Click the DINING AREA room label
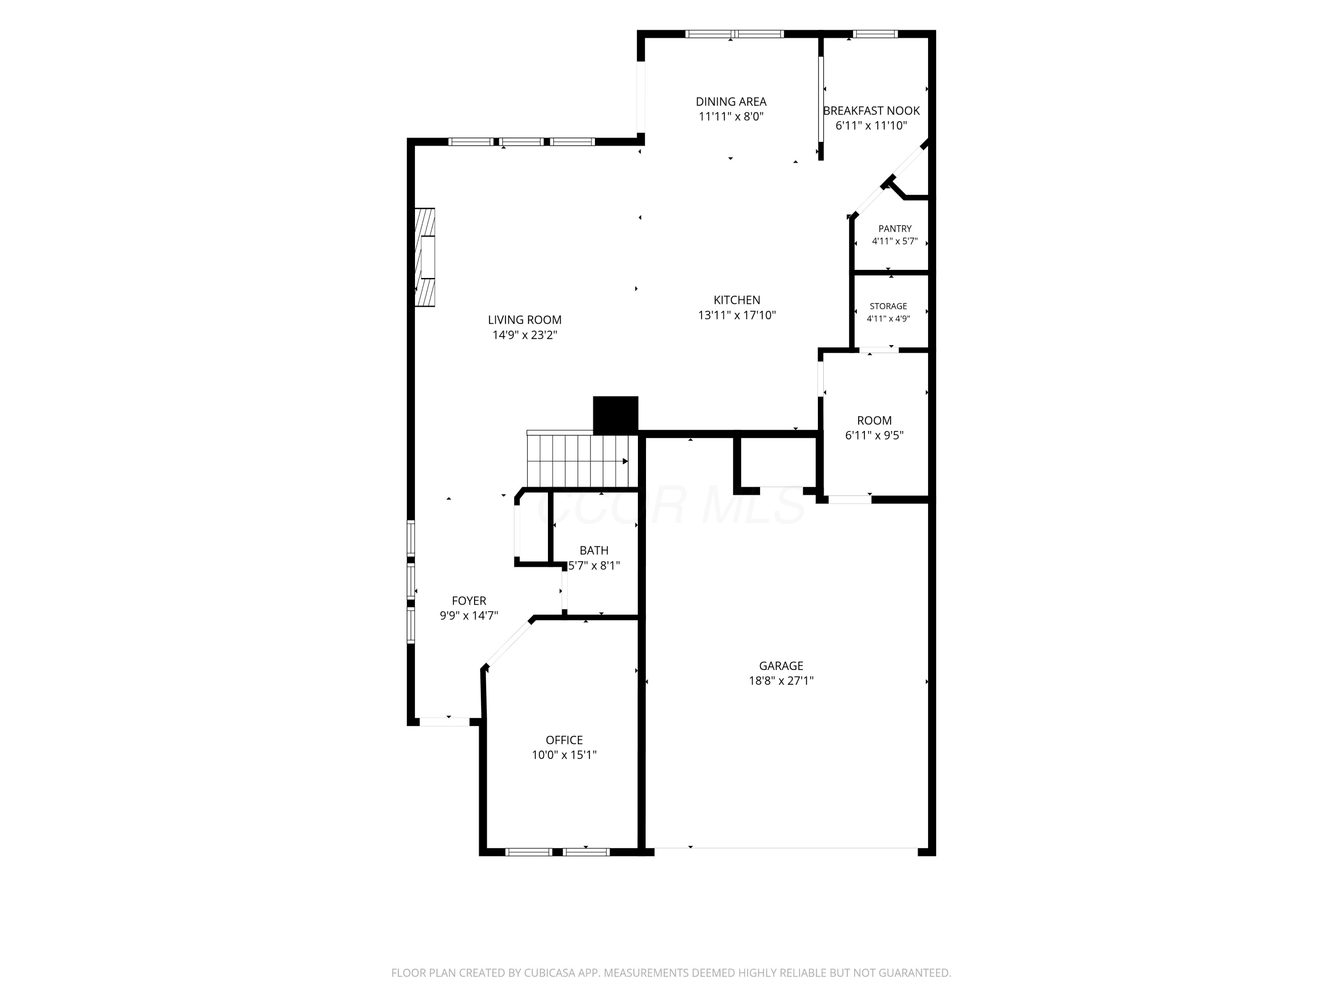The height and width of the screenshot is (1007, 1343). [x=731, y=101]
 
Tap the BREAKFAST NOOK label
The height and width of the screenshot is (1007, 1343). [x=871, y=111]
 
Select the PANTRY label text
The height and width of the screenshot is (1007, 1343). [x=895, y=229]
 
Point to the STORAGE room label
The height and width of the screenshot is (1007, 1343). [x=888, y=307]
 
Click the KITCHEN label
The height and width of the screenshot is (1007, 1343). [x=737, y=300]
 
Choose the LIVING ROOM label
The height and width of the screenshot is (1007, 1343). [x=525, y=320]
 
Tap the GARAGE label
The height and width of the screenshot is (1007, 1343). [x=781, y=666]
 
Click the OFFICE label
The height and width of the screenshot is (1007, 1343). [x=564, y=740]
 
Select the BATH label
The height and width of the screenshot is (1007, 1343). [x=594, y=550]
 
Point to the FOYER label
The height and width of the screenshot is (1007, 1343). [x=469, y=601]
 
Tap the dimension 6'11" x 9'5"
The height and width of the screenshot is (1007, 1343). [x=874, y=435]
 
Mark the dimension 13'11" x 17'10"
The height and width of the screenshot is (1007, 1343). [x=737, y=315]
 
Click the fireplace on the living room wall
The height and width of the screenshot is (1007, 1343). [x=425, y=258]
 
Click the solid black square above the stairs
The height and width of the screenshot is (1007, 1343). [x=616, y=415]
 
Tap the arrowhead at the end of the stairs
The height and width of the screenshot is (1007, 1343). [x=625, y=461]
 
